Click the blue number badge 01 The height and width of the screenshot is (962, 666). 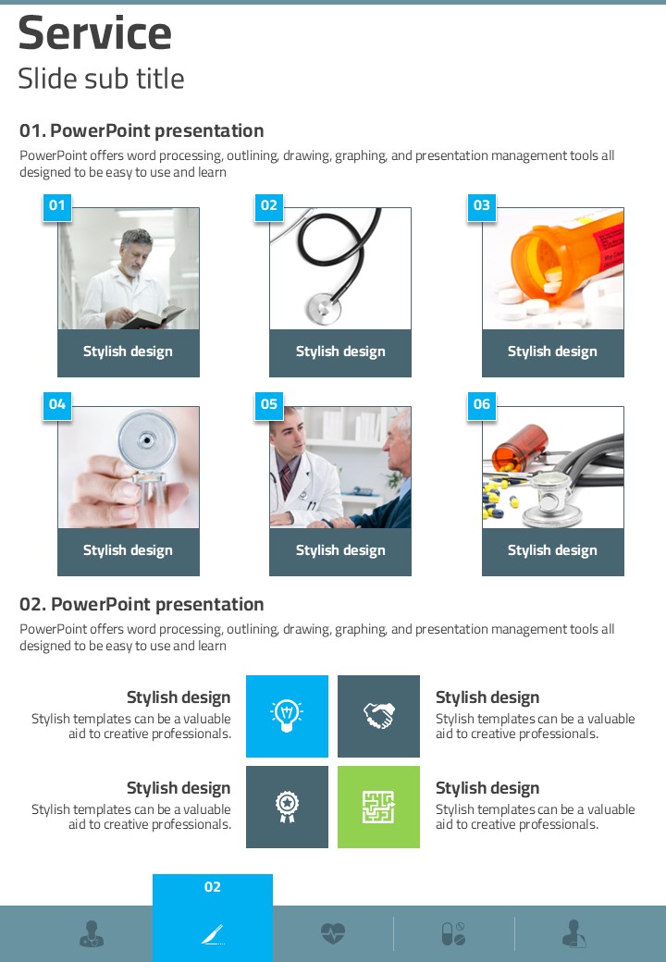pyautogui.click(x=57, y=205)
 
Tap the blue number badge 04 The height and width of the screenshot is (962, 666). pyautogui.click(x=57, y=404)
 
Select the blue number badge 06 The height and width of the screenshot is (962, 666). pyautogui.click(x=482, y=404)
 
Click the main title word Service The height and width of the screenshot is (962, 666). pyautogui.click(x=95, y=33)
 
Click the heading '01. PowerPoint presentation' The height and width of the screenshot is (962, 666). pyautogui.click(x=142, y=130)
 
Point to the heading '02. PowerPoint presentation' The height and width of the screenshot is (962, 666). pyautogui.click(x=142, y=604)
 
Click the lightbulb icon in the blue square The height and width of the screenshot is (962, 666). pyautogui.click(x=287, y=715)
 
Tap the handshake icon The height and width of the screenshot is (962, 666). pyautogui.click(x=379, y=715)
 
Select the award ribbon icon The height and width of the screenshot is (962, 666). pyautogui.click(x=287, y=807)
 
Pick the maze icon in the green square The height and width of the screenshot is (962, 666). pyautogui.click(x=378, y=807)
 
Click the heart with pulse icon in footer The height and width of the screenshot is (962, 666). pyautogui.click(x=333, y=933)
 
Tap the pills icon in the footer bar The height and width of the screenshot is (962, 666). pyautogui.click(x=454, y=933)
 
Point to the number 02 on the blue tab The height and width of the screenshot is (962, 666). pyautogui.click(x=212, y=887)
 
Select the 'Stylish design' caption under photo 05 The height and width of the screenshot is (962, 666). pyautogui.click(x=340, y=550)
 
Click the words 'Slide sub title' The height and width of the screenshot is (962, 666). pyautogui.click(x=101, y=79)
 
